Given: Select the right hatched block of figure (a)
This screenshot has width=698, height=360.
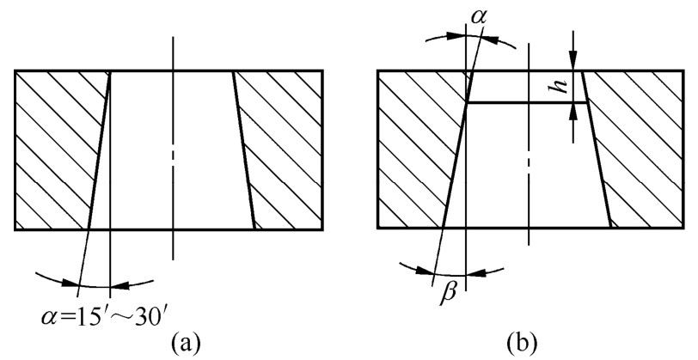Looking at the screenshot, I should pyautogui.click(x=284, y=149).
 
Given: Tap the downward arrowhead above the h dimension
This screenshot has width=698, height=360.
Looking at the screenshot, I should pyautogui.click(x=573, y=64).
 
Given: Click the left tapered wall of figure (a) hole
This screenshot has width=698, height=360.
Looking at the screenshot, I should pyautogui.click(x=100, y=149).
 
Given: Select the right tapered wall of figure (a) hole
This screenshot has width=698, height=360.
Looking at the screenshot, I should pyautogui.click(x=244, y=149).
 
